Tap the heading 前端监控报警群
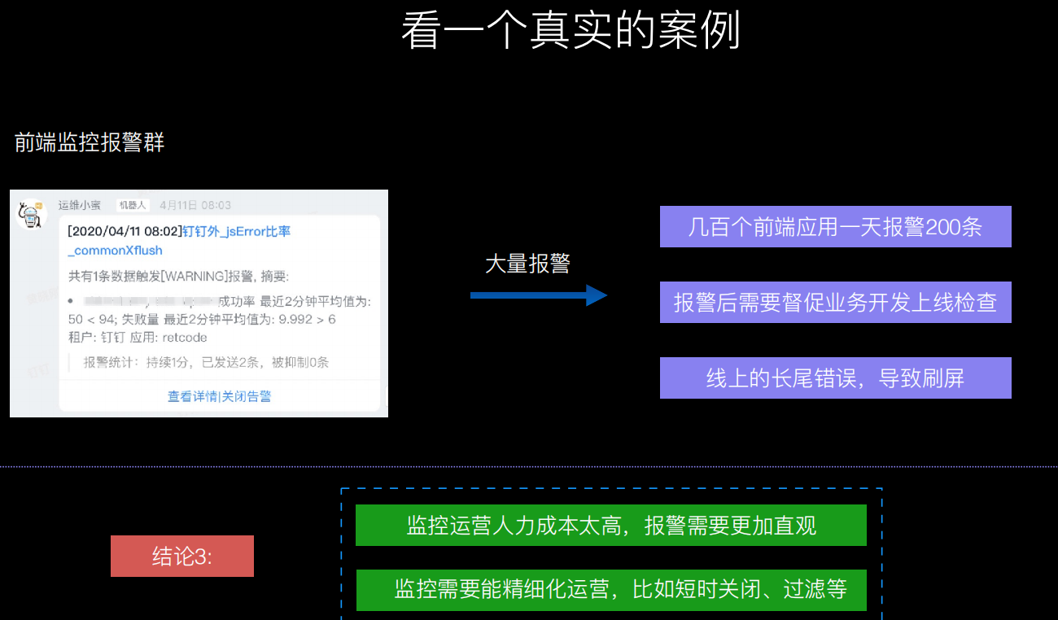[90, 143]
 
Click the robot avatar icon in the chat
[31, 215]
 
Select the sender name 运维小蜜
[80, 205]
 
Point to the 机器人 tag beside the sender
[132, 205]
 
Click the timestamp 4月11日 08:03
[195, 205]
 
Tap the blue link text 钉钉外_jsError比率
[236, 232]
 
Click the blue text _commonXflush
[116, 251]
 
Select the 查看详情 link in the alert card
[193, 396]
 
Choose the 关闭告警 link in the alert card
[247, 396]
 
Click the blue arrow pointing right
[539, 295]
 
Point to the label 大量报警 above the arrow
[527, 264]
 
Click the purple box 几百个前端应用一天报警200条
[835, 227]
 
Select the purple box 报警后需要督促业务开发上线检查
[835, 303]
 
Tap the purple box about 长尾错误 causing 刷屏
[835, 378]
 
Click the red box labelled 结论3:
[182, 557]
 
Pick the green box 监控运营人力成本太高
[610, 526]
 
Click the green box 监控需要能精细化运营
[610, 589]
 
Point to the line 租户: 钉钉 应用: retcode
[138, 338]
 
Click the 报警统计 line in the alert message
[206, 363]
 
